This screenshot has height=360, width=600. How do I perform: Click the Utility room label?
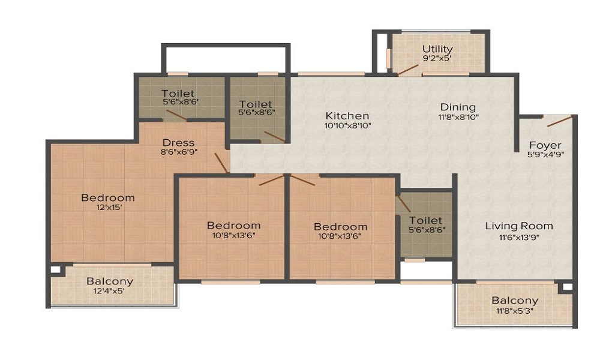(437, 49)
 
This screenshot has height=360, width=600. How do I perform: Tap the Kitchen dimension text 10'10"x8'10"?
(347, 126)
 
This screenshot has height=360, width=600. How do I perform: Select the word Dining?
(458, 107)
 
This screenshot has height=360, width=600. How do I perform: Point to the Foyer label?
(545, 145)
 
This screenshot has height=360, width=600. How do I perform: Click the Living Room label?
(519, 226)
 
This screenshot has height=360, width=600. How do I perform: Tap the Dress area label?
(178, 142)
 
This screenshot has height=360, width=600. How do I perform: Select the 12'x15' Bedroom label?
(108, 197)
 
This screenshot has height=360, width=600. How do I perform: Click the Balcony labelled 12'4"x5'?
(110, 281)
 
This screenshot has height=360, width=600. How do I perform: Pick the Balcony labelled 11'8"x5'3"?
(515, 301)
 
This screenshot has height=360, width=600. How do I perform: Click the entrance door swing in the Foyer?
(559, 121)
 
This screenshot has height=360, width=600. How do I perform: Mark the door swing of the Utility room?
(409, 68)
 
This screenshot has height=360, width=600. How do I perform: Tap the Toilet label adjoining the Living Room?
(425, 220)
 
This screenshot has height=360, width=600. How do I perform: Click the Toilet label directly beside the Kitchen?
(256, 104)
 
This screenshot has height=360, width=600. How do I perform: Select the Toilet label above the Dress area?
(178, 93)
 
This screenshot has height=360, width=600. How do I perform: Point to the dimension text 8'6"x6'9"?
(178, 152)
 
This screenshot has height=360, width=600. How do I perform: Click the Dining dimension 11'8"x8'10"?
(458, 118)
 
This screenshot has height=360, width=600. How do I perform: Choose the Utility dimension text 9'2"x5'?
(437, 59)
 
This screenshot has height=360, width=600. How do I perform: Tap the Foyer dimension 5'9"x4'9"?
(545, 154)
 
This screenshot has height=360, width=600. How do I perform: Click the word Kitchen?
(347, 116)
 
